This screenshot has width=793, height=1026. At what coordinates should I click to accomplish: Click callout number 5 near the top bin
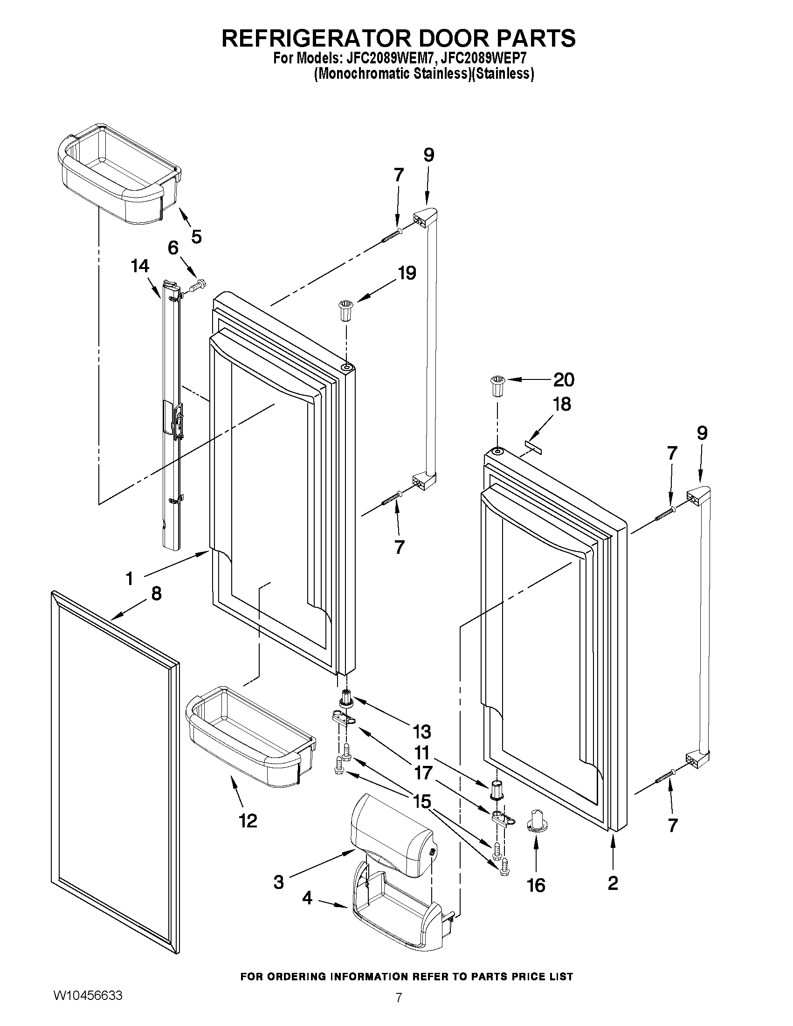tap(196, 236)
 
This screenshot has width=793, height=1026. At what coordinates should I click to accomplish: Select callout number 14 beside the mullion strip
tap(140, 266)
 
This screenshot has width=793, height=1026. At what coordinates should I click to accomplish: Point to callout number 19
tap(407, 273)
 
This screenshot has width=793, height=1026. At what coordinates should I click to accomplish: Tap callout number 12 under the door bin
tap(248, 821)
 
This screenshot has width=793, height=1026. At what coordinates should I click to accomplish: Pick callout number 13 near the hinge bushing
tap(421, 731)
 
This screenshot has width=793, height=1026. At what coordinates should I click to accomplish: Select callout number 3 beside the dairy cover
tap(279, 882)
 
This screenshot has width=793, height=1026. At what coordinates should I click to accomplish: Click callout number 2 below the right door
tap(613, 883)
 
